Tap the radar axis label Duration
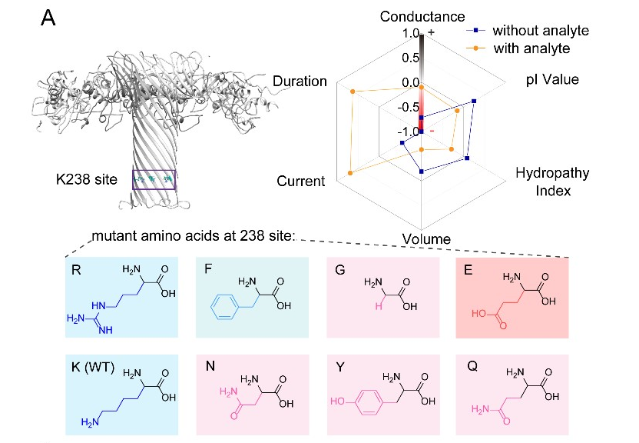pos(300,82)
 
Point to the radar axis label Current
pos(300,181)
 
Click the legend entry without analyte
pos(540,31)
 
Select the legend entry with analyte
pos(530,48)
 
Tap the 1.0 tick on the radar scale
pos(409,34)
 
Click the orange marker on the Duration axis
pos(353,92)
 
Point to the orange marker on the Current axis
pos(350,173)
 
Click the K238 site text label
pos(86,180)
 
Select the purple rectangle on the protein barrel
pos(154,179)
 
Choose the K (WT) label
pos(91,368)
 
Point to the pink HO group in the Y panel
pos(336,401)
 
